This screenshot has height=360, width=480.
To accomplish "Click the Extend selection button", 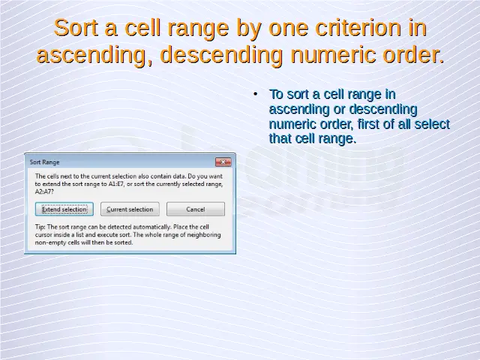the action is (64, 209).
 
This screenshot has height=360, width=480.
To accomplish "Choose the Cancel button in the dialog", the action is (196, 209).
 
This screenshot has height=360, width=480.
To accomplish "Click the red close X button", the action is (223, 162).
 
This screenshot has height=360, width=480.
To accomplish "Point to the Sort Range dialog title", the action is (44, 162).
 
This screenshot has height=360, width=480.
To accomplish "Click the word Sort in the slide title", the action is (76, 28).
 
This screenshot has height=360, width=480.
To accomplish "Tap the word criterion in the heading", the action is (358, 28).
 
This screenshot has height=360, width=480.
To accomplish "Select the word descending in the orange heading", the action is (221, 55).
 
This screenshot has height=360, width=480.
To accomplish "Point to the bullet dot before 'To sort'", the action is (256, 94).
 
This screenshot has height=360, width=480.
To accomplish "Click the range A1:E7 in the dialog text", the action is (116, 184).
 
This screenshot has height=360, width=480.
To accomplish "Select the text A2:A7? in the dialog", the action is (44, 192).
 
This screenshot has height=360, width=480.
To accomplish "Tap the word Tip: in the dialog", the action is (40, 227).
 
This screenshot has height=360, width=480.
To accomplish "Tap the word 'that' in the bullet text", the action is (280, 138).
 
